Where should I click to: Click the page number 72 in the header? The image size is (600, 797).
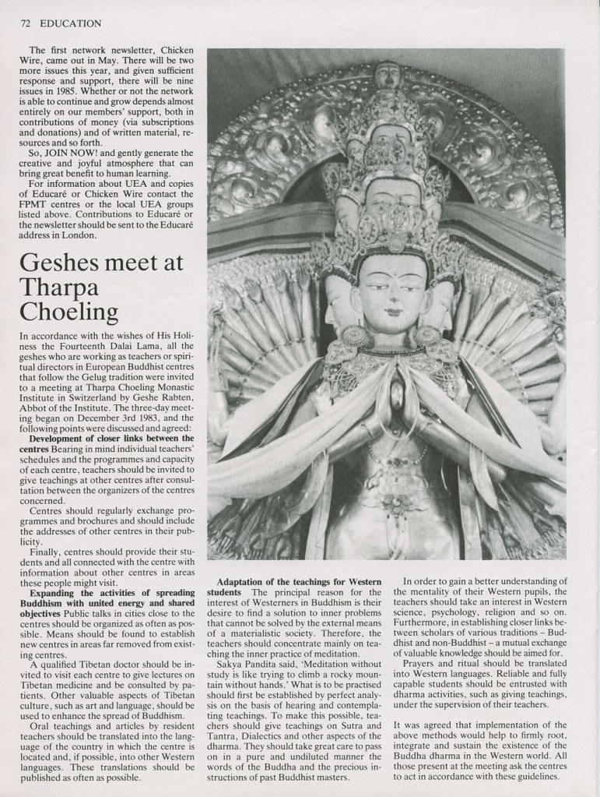pos(24,23)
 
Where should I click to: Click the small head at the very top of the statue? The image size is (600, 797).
pos(387,74)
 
